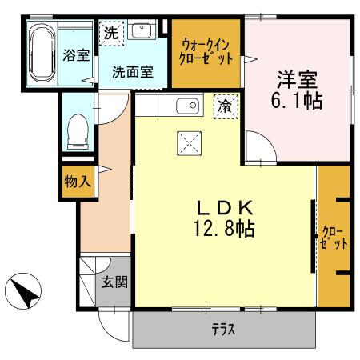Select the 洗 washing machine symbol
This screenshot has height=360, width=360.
tap(110, 34)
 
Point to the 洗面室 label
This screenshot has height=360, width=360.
tap(131, 70)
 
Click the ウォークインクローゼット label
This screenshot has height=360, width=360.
tap(207, 52)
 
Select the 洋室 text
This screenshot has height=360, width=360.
tap(298, 81)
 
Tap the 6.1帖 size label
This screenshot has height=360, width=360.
tap(298, 102)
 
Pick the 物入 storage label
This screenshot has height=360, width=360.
tap(78, 182)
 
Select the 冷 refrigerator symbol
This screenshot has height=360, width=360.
tap(225, 106)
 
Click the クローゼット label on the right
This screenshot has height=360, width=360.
tap(334, 238)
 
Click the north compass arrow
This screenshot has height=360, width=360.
tap(26, 290)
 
